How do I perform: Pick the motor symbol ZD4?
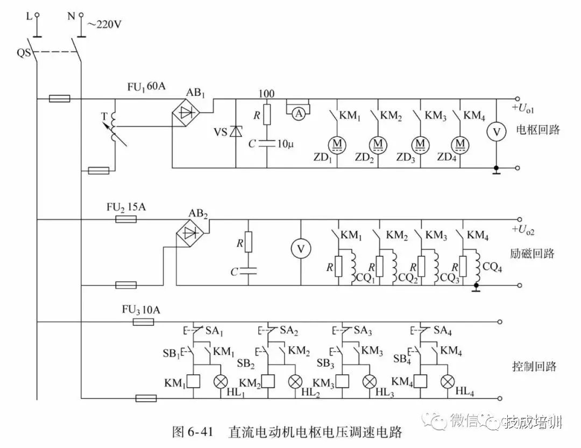click(461, 143)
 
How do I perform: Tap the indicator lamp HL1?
click(221, 381)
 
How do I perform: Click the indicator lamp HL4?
click(447, 381)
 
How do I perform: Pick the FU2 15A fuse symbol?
click(126, 219)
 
